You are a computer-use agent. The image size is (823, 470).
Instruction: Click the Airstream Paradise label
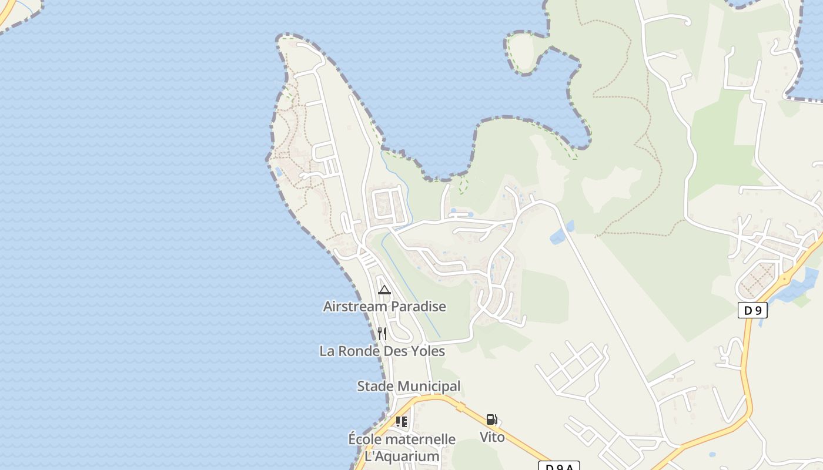[384, 306]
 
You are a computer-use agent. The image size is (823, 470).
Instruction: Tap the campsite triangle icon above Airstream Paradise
[384, 290]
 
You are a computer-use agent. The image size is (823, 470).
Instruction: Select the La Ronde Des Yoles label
[382, 351]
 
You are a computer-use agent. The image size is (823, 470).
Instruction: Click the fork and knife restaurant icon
[382, 334]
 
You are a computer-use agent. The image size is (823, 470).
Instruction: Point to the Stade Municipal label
[409, 386]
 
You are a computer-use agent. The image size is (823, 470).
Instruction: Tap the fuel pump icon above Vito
[492, 419]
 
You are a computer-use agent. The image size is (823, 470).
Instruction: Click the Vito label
[492, 437]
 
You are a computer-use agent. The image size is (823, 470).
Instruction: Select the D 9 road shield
[752, 310]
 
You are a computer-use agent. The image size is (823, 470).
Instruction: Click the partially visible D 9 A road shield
[559, 466]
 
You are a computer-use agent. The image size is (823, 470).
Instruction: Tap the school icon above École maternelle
[402, 421]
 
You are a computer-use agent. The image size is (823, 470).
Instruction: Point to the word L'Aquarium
[402, 456]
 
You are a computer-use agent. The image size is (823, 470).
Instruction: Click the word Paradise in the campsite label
[419, 306]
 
